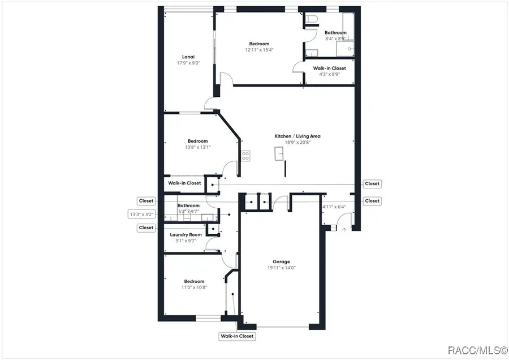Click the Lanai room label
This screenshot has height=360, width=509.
point(188,57)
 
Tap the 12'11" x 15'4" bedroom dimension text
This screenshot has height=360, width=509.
point(259,50)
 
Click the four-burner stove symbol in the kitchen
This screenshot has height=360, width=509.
point(245,156)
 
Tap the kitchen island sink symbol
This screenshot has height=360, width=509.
point(279,153)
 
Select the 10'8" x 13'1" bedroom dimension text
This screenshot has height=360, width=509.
point(197,147)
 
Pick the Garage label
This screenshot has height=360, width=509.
point(281,262)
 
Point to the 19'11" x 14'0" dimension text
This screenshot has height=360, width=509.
point(281,268)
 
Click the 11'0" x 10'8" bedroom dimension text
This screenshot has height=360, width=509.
point(194,287)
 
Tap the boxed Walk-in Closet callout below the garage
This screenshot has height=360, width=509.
point(238,336)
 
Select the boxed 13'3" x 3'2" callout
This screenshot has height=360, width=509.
point(141,215)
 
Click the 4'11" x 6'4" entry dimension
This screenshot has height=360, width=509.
point(334,207)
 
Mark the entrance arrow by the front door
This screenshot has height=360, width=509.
point(344,229)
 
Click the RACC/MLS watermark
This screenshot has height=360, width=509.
point(477,350)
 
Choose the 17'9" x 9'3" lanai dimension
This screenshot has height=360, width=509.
point(188,63)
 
